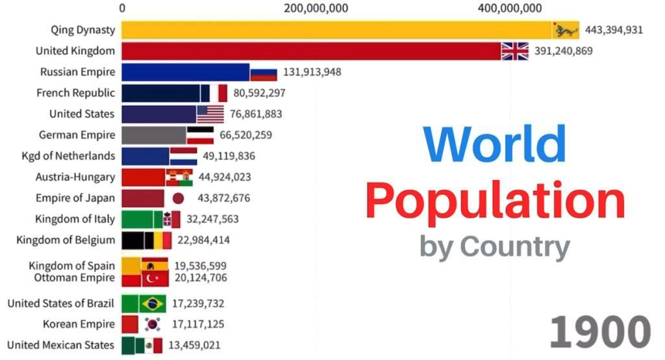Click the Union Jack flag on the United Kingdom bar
515,51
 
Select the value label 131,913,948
312,72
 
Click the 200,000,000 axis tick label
316,8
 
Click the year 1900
599,333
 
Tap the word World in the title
495,144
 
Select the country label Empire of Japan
75,198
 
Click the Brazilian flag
154,303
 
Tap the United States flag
210,114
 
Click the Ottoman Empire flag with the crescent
155,279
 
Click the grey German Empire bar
153,135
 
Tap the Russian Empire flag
264,72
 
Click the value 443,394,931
614,30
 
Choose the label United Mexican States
61,345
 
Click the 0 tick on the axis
122,8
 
